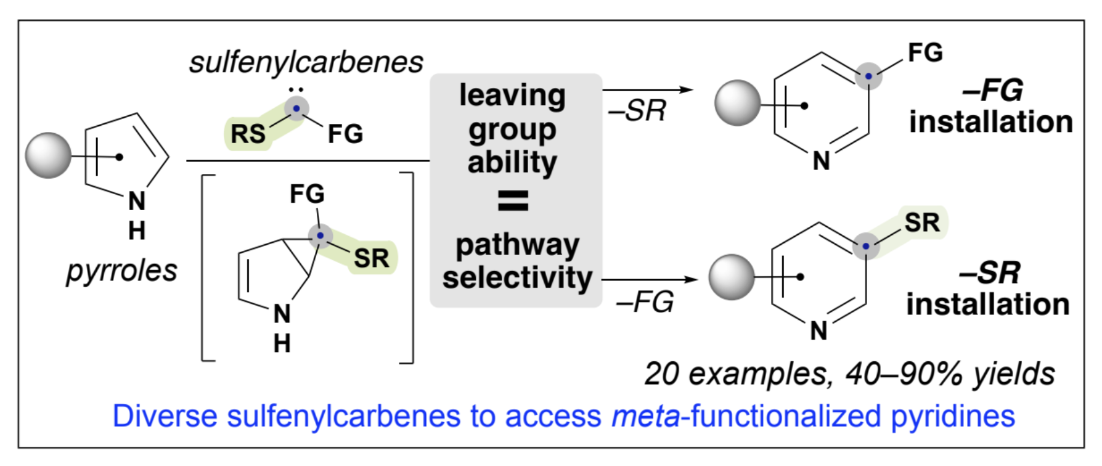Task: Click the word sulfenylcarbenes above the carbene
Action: tap(306, 62)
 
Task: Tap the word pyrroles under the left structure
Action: tap(121, 271)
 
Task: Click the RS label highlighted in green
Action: tap(248, 134)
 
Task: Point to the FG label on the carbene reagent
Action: tap(345, 134)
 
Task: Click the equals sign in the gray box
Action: tap(513, 200)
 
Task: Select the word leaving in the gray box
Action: tap(512, 96)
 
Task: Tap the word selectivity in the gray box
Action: tap(517, 277)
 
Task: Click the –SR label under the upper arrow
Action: tap(638, 111)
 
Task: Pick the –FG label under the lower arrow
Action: tap(645, 302)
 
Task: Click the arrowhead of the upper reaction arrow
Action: tap(686, 90)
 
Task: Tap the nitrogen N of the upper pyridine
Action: tap(821, 161)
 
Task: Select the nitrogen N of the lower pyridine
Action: tap(818, 331)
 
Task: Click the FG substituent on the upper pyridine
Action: tap(925, 53)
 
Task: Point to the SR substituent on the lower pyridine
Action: tap(922, 223)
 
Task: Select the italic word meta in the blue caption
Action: tap(645, 416)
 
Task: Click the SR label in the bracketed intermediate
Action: tap(371, 258)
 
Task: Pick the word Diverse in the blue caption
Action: tap(165, 416)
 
